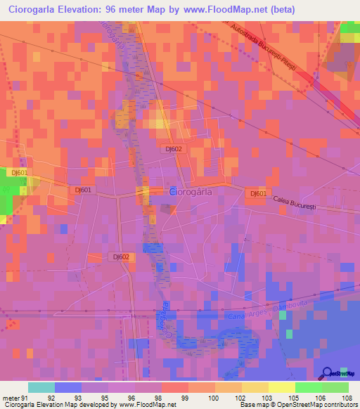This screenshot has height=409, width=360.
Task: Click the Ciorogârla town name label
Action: [194, 191]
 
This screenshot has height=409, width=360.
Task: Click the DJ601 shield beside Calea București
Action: [258, 194]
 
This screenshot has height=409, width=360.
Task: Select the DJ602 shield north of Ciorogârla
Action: [174, 149]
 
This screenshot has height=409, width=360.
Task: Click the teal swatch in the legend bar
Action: [41, 387]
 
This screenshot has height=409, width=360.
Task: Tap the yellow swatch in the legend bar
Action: [281, 387]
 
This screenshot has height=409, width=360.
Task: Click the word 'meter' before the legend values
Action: [10, 397]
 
